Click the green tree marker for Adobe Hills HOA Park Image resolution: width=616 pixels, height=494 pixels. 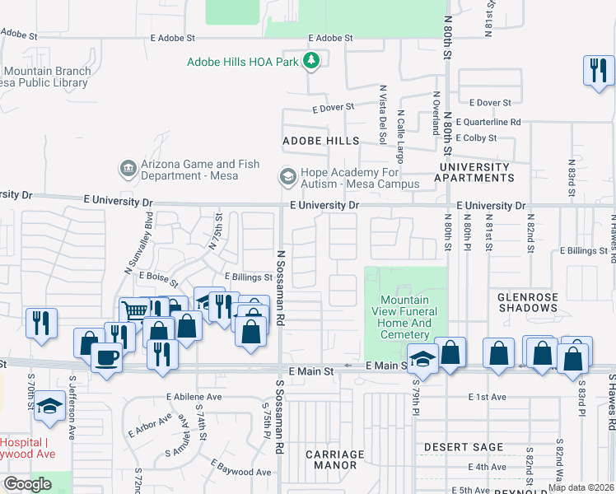311,60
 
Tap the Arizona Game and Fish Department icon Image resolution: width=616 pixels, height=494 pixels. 128,169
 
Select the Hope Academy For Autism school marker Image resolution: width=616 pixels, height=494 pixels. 287,177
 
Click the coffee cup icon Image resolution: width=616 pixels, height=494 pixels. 106,358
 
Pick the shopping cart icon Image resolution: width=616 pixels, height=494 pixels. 133,311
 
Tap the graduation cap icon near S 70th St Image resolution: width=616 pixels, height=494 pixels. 50,406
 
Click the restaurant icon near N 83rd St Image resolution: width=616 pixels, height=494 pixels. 597,70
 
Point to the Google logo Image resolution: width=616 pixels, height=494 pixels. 27,484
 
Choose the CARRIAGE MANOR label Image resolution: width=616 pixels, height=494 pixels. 334,459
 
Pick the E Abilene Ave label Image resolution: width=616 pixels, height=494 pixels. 194,396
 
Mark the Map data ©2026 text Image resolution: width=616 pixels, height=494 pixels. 581,487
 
